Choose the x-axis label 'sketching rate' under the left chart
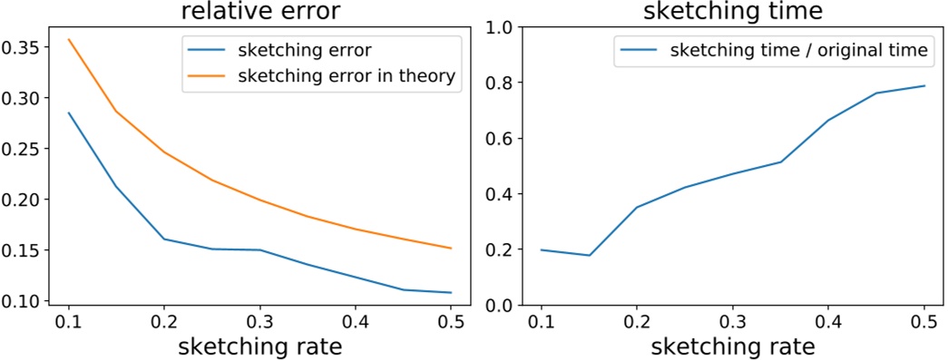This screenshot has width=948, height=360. pos(260,346)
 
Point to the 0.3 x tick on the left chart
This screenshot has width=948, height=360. pos(260,321)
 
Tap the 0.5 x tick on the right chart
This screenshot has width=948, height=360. pos(924,321)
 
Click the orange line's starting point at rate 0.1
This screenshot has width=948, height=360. pos(69,39)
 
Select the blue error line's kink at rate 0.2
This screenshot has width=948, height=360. pos(164,238)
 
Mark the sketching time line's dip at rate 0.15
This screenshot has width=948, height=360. pos(590,256)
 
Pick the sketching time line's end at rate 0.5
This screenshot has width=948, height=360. pos(924,86)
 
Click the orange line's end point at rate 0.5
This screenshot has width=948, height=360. pos(451,248)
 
